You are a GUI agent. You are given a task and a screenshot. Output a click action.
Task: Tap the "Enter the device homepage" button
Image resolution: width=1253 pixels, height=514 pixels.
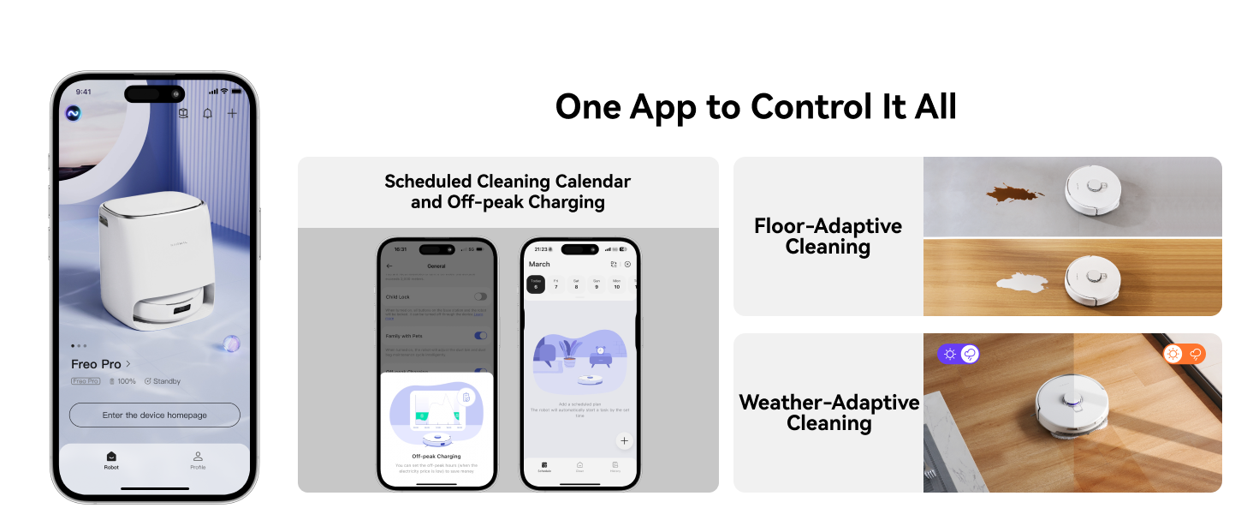(x=154, y=415)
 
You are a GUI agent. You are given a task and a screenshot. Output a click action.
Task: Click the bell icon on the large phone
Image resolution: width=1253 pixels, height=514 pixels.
(x=207, y=114)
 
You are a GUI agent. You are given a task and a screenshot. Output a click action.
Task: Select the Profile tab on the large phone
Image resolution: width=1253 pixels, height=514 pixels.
(x=198, y=460)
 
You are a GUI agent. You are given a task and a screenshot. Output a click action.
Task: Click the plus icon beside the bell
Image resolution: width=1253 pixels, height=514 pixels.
(x=232, y=114)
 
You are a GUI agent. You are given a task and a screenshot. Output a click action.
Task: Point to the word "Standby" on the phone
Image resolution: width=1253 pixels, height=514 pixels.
(x=166, y=381)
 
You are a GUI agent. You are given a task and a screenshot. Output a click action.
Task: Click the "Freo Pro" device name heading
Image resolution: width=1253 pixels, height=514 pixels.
(x=96, y=364)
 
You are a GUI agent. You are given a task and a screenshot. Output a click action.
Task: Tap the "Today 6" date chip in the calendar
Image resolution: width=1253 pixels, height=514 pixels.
(x=536, y=284)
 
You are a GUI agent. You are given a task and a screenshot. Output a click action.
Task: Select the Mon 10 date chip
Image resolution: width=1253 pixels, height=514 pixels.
(x=616, y=284)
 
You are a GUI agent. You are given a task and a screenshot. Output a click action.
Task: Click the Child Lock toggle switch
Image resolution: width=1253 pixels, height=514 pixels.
(x=480, y=296)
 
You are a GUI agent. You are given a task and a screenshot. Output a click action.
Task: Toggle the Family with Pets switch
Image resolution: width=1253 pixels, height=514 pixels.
(x=480, y=336)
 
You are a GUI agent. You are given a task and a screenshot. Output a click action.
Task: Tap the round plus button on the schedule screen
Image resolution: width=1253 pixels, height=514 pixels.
(x=624, y=440)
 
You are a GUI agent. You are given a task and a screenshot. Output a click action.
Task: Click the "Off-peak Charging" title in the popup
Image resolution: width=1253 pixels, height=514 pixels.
(x=436, y=457)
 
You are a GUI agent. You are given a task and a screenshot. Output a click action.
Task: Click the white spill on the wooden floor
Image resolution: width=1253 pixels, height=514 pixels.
(x=1025, y=283)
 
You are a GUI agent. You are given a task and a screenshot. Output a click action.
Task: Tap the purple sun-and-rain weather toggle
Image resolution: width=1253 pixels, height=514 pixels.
(x=959, y=354)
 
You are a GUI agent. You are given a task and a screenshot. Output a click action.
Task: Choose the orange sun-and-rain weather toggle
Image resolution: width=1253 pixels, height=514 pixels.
(x=1184, y=354)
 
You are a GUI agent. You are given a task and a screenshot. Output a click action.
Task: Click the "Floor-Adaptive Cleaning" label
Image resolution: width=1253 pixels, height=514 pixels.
(x=828, y=236)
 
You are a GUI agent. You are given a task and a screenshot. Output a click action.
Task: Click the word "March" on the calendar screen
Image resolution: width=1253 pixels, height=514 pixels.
(x=539, y=264)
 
